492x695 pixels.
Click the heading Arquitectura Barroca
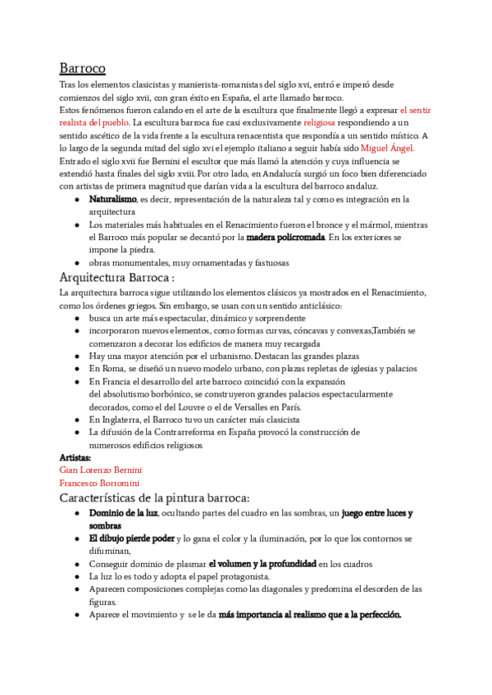117,277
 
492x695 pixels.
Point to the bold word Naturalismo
112,199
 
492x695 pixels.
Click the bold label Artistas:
75,457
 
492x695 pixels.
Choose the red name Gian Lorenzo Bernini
101,470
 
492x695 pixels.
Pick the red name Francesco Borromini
99,484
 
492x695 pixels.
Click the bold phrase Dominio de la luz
123,513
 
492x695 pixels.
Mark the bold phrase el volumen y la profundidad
262,564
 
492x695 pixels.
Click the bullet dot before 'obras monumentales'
76,263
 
